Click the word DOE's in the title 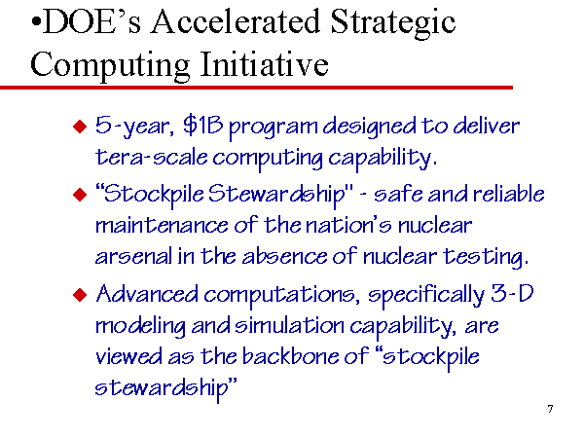tap(91, 21)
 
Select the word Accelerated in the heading tap(235, 21)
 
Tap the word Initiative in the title tap(264, 64)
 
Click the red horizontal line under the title tap(256, 88)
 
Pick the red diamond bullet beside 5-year tap(80, 127)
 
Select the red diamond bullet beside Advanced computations tap(80, 295)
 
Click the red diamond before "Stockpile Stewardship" tap(80, 195)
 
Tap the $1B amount tap(203, 126)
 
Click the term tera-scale tap(151, 157)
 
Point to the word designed tap(369, 128)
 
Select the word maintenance tap(162, 226)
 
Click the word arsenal tap(133, 256)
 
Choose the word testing tap(486, 258)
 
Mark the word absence tap(285, 256)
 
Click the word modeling tap(140, 327)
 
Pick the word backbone tap(290, 356)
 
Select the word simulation tap(289, 326)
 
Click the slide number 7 tap(550, 409)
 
